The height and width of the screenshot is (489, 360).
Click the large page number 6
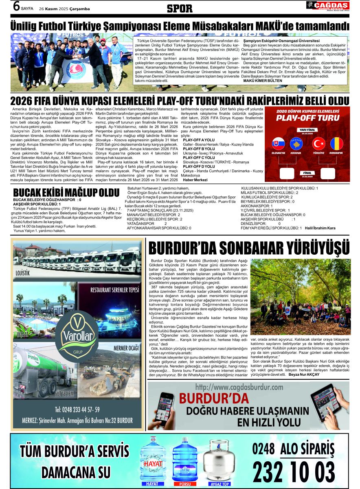click(16, 6)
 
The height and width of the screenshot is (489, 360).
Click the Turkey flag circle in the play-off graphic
click(318, 144)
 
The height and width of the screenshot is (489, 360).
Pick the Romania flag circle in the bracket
click(336, 144)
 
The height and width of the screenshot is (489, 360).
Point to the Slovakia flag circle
click(278, 144)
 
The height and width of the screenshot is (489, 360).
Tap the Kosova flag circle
click(296, 144)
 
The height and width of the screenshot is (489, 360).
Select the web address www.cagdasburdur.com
click(239, 387)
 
